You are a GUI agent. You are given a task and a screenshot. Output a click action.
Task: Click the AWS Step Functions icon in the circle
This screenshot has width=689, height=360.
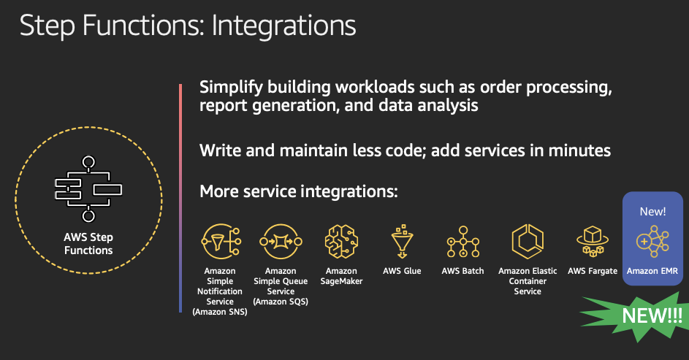pos(88,189)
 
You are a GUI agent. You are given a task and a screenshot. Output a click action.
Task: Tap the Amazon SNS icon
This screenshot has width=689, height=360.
pos(221,241)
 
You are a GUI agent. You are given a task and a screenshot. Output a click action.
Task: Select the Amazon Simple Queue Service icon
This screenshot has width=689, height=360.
pos(281,241)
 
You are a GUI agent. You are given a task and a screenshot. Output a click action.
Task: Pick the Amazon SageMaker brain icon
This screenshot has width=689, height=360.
pos(341,241)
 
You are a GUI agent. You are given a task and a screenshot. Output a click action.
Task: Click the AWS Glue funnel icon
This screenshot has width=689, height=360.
pos(402,241)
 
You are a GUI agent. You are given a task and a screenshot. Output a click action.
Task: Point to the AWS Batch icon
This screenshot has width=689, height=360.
pos(462,242)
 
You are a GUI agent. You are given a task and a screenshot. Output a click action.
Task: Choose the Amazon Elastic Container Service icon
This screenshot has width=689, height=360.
pos(528,241)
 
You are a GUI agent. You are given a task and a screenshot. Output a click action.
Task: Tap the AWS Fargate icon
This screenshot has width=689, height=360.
pos(593,241)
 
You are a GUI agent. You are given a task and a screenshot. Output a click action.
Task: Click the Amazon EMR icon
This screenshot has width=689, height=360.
pos(652,242)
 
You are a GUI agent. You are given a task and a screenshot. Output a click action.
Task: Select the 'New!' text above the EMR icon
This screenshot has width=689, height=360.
pos(652,212)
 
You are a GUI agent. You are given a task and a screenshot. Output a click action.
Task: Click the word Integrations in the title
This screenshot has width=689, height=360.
pos(284,26)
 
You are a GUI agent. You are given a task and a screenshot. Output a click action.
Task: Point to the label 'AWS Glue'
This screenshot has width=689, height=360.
pos(402,271)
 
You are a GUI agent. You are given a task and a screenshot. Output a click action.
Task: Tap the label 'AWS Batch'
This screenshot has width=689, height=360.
pos(462,271)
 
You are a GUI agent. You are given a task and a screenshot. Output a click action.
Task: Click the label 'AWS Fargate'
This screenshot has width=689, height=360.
pos(593,271)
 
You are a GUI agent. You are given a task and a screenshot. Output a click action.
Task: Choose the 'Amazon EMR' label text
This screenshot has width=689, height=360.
pos(652,271)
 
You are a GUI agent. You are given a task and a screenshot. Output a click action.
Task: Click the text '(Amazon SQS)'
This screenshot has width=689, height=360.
pos(281,302)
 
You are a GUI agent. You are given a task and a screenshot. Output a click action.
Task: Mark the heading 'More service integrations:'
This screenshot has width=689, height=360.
pos(299,192)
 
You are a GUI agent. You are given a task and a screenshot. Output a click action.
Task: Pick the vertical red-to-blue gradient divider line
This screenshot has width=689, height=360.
pos(180,198)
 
